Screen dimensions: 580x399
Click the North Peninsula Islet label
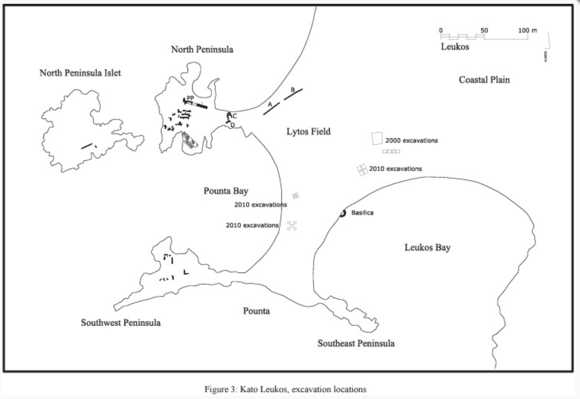coord(80,73)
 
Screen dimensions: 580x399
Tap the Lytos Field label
coord(308,132)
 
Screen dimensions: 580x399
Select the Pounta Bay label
coord(226,191)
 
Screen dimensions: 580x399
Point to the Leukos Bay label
coord(427,248)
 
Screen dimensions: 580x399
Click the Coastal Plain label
coord(484,80)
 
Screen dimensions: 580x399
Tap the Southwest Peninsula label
coord(120,323)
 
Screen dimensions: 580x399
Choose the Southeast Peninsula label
coord(356,343)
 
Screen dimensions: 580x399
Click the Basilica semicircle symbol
coord(343,213)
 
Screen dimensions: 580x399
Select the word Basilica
coord(362,213)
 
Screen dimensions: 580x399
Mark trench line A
coord(271,109)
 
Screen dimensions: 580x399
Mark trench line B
coord(293,94)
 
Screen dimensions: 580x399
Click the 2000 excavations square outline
coord(377,138)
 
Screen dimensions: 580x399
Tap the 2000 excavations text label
coord(411,140)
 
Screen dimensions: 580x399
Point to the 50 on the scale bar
coord(484,31)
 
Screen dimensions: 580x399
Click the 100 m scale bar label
coord(527,31)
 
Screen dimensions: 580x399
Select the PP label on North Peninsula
coord(190,98)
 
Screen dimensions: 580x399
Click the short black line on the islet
coord(87,145)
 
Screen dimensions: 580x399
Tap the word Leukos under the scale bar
coord(455,47)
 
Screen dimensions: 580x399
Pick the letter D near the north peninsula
coord(233,125)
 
